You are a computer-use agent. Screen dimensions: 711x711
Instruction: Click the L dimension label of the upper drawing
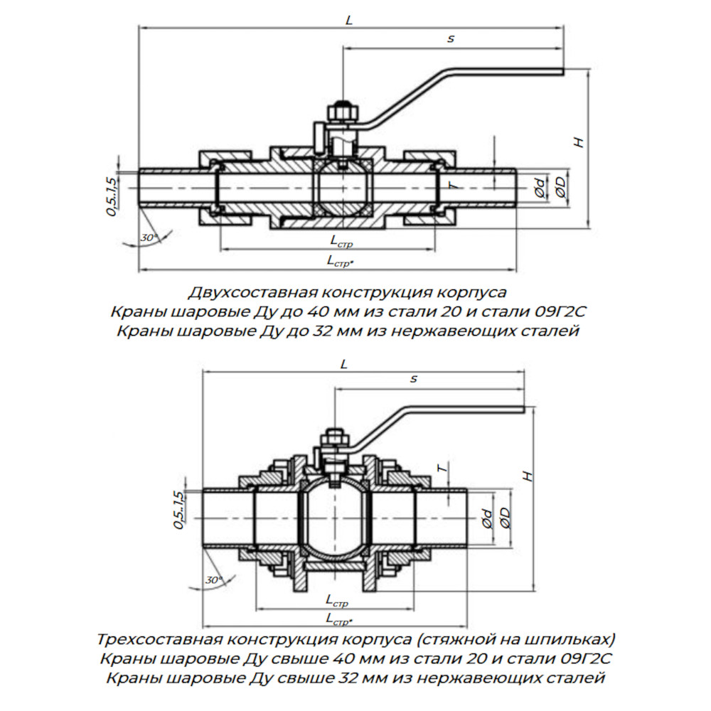[348, 20]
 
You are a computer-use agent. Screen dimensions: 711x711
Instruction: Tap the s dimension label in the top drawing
[451, 39]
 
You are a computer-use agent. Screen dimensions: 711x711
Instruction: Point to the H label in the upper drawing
[579, 141]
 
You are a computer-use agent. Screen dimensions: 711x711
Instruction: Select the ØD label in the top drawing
[560, 187]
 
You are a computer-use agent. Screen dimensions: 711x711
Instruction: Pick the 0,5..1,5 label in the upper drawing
[111, 196]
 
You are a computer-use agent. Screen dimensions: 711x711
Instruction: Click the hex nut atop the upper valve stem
[343, 112]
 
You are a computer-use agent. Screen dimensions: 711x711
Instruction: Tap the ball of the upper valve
[343, 188]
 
